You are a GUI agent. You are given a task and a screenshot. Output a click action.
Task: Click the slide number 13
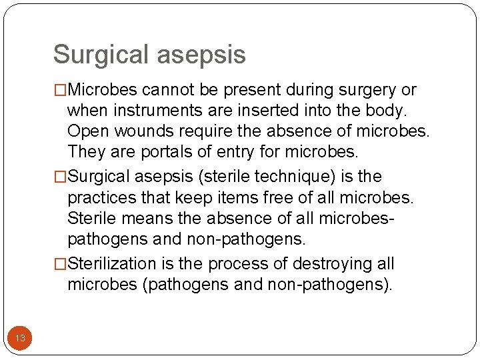click(20, 339)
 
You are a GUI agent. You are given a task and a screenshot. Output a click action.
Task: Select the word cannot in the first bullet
click(167, 90)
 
